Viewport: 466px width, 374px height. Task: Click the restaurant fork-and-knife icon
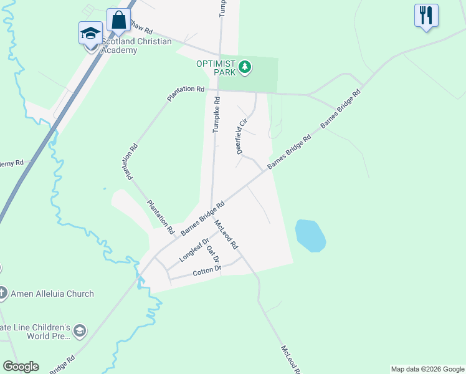426,16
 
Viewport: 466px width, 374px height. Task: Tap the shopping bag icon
118,19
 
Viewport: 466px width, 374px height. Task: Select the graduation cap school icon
90,32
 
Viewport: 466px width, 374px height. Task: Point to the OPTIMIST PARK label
216,68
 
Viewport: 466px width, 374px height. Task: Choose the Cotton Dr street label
207,270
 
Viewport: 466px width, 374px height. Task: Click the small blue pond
310,236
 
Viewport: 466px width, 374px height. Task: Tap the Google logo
21,367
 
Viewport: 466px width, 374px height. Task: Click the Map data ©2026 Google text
427,369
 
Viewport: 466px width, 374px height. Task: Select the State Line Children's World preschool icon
79,330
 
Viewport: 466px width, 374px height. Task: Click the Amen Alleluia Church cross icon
2,292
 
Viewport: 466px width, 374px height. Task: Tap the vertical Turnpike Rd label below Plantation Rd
216,115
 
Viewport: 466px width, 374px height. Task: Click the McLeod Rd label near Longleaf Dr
226,234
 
